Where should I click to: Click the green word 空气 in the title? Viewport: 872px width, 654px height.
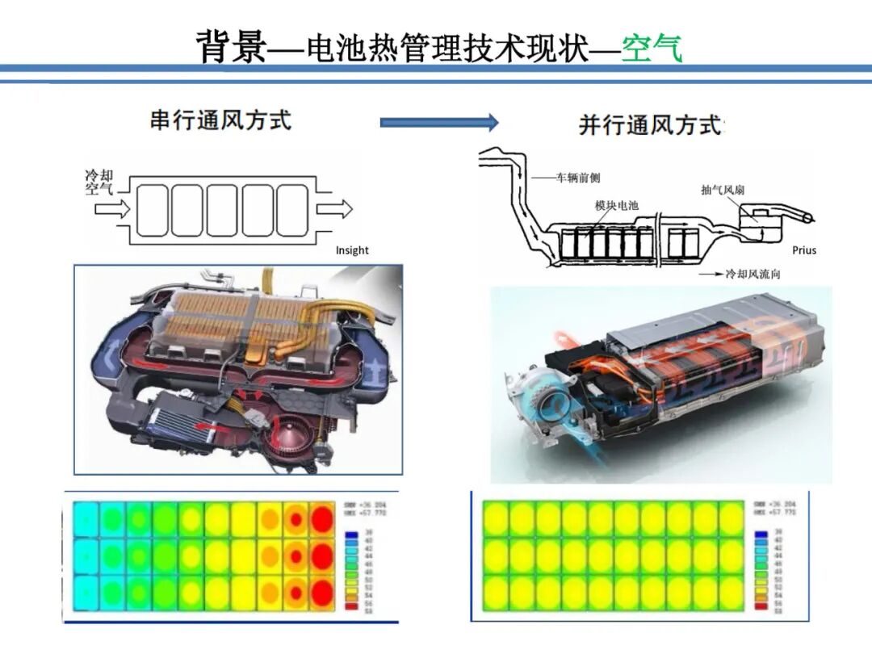652,48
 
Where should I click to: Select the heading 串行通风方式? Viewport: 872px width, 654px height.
220,120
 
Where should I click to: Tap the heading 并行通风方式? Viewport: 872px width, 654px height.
650,125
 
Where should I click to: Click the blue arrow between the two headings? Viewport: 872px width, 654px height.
439,123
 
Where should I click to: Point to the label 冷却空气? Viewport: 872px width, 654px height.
99,182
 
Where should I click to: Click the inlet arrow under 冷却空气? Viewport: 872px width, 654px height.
111,209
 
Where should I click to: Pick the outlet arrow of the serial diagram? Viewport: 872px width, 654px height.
334,209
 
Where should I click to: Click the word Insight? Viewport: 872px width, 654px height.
352,250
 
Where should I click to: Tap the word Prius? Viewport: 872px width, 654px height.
804,250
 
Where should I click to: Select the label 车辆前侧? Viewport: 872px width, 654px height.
578,178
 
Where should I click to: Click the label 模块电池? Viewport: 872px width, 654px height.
616,206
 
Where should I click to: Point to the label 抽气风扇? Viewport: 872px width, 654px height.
723,191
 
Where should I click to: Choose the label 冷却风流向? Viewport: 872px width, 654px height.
753,275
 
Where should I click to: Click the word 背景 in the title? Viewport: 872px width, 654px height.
231,48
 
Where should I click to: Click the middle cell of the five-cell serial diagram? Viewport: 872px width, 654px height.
222,209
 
